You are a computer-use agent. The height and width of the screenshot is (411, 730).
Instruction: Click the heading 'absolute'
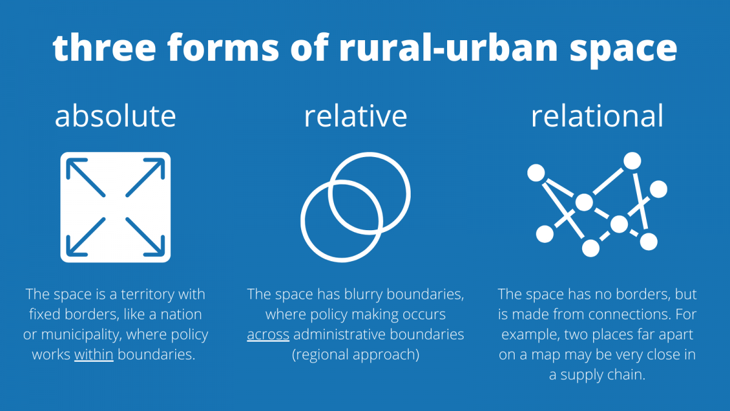point(116,116)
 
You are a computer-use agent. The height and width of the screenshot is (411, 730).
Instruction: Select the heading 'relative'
point(355,116)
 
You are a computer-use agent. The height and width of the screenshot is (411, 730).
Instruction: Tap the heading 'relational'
point(597,116)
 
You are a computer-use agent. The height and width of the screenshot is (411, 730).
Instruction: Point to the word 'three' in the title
point(104,47)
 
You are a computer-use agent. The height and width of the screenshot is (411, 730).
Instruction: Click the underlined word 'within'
point(94,354)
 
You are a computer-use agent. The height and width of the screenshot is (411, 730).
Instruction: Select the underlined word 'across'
point(268,334)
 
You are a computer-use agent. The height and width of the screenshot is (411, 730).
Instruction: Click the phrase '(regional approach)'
point(355,354)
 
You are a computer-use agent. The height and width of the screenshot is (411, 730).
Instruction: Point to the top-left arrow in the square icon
point(86,178)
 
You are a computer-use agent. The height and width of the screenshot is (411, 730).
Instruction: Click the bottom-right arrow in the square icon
point(145,237)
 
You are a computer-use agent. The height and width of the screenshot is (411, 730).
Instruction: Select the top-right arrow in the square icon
point(145,178)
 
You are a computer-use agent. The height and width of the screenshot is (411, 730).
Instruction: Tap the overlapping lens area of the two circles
point(355,207)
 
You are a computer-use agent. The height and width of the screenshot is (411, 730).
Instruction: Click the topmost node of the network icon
point(632,161)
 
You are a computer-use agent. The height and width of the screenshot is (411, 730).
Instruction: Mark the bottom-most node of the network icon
point(591,248)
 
